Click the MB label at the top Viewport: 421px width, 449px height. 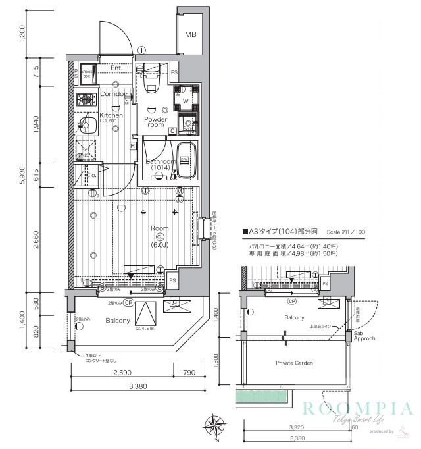190,34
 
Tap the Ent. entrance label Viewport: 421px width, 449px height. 117,68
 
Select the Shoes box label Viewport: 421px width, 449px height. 86,73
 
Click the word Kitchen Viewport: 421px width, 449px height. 111,115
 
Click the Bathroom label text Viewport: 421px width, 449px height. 161,161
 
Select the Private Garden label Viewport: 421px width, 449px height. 294,363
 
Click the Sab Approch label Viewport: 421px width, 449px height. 363,338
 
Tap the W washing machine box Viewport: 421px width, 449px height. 186,101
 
